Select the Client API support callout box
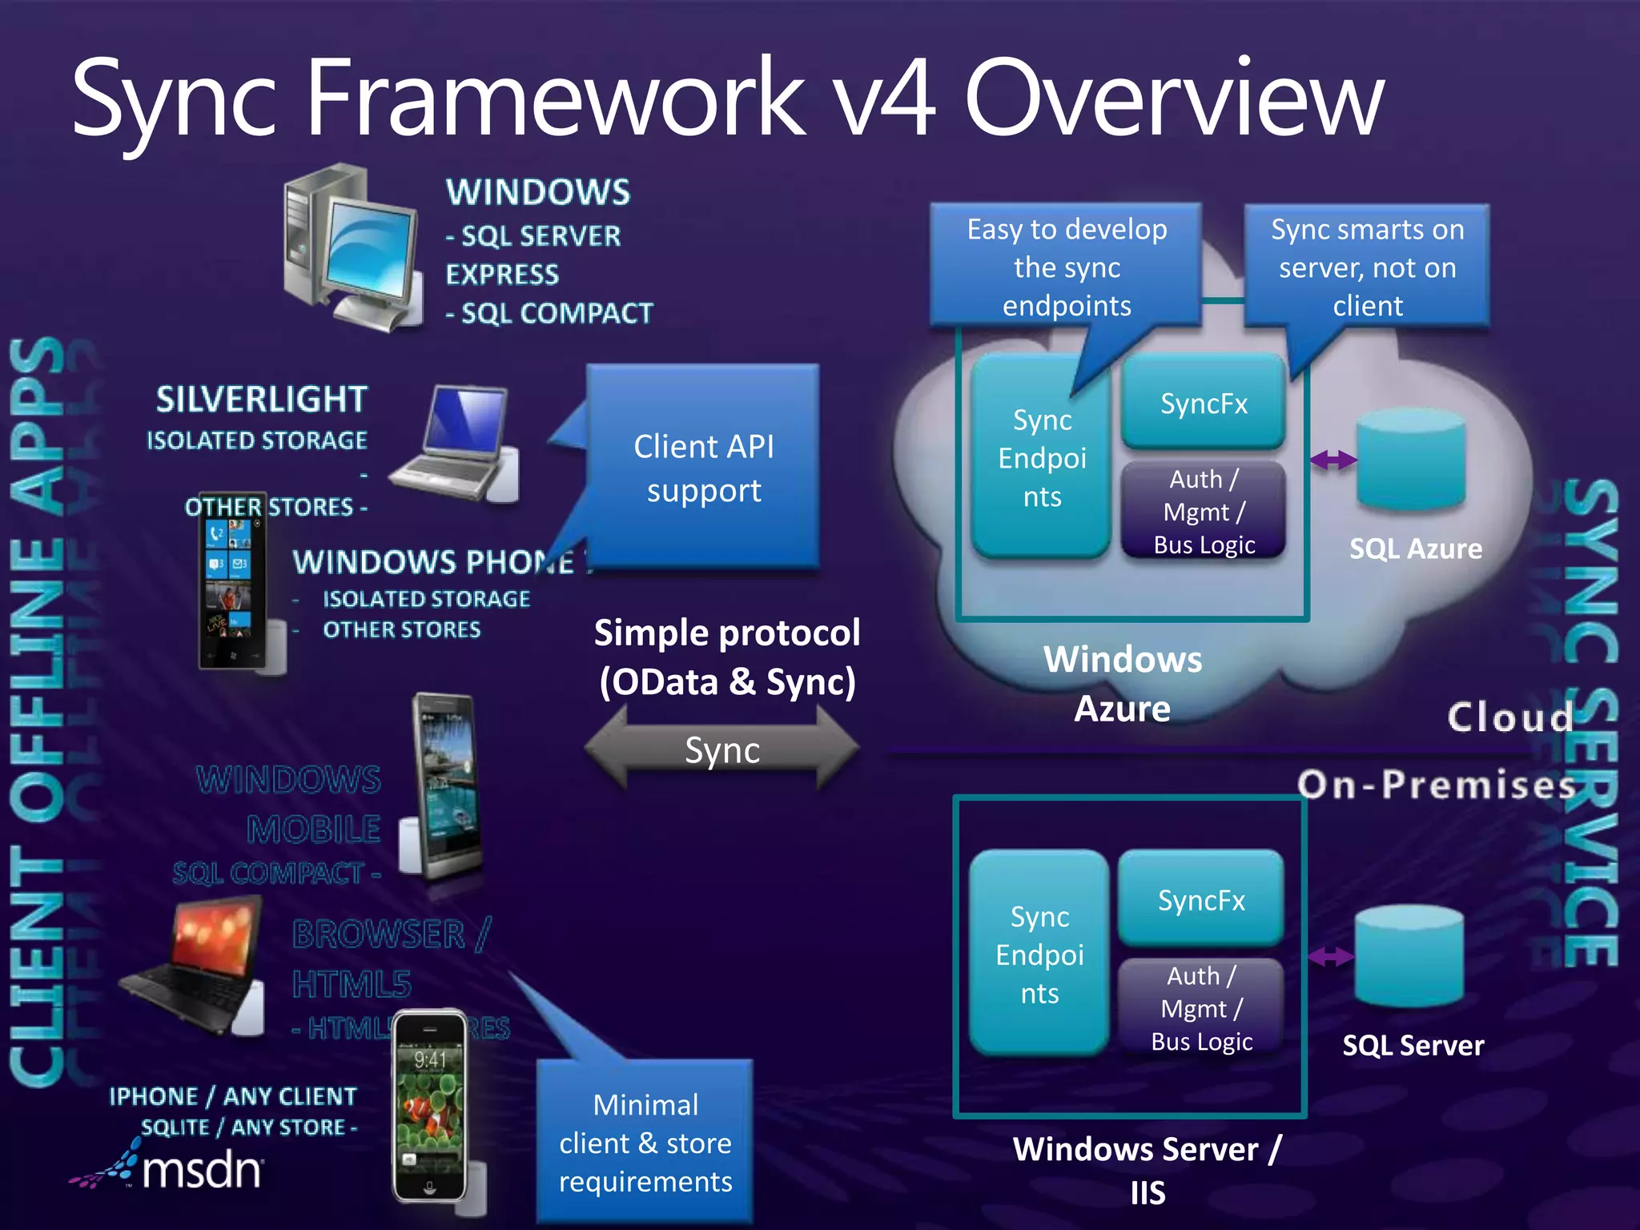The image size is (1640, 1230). pyautogui.click(x=703, y=468)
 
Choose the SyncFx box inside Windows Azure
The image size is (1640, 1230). pyautogui.click(x=1204, y=403)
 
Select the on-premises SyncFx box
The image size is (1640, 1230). pyautogui.click(x=1200, y=900)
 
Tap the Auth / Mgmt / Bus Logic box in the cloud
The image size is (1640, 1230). pyautogui.click(x=1204, y=511)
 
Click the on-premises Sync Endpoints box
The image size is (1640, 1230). pyautogui.click(x=1039, y=954)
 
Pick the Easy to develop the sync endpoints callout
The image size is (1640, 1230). pyautogui.click(x=1066, y=267)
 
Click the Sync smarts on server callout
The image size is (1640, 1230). pyautogui.click(x=1367, y=267)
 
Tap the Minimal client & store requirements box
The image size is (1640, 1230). pyautogui.click(x=645, y=1143)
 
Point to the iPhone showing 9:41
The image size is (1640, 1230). pyautogui.click(x=430, y=1105)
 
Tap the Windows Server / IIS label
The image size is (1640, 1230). pyautogui.click(x=1147, y=1170)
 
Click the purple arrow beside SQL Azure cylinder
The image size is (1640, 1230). pyautogui.click(x=1332, y=460)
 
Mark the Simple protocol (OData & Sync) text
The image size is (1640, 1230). pyautogui.click(x=726, y=657)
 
